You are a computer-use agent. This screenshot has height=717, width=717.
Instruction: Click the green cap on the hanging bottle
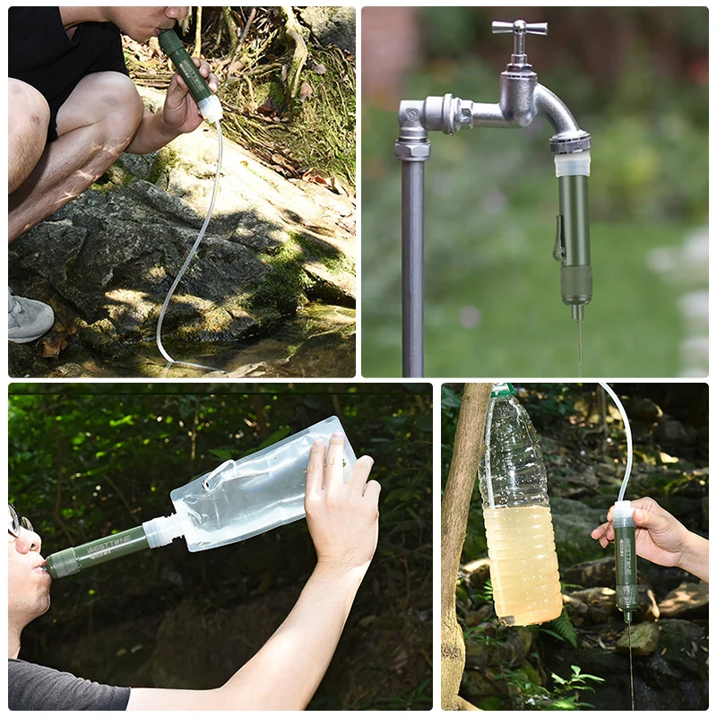click(x=502, y=390)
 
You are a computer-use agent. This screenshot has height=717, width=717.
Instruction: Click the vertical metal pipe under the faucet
click(x=412, y=269)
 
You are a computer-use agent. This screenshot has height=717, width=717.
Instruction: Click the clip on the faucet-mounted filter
click(x=558, y=240)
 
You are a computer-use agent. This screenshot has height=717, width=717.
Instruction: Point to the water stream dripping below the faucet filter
click(x=579, y=345)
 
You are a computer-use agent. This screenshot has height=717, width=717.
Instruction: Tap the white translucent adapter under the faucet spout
click(x=572, y=163)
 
